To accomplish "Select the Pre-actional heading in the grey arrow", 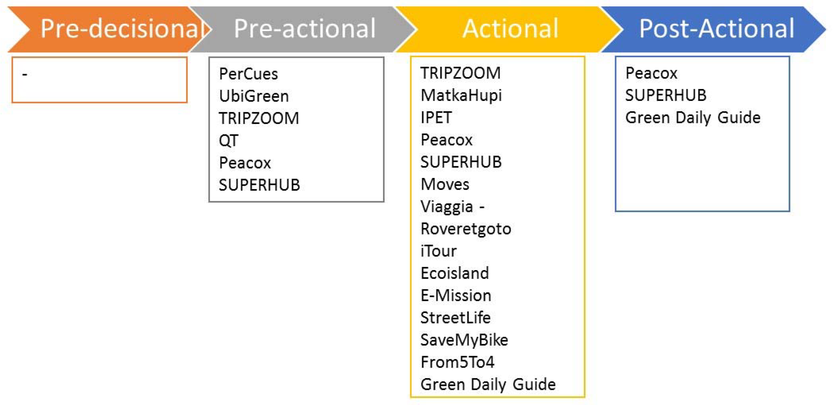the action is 305,29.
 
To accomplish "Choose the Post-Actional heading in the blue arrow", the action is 717,29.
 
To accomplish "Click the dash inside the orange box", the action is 24,74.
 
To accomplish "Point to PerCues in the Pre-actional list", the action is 248,74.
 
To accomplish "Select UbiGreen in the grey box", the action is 254,96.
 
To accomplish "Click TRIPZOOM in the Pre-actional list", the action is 259,118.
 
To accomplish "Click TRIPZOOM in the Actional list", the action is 461,73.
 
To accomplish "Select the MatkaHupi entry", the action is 461,95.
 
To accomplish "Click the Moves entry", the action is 445,184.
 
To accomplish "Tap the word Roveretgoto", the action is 466,229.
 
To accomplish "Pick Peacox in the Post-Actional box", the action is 651,73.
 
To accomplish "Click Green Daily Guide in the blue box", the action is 693,118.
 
